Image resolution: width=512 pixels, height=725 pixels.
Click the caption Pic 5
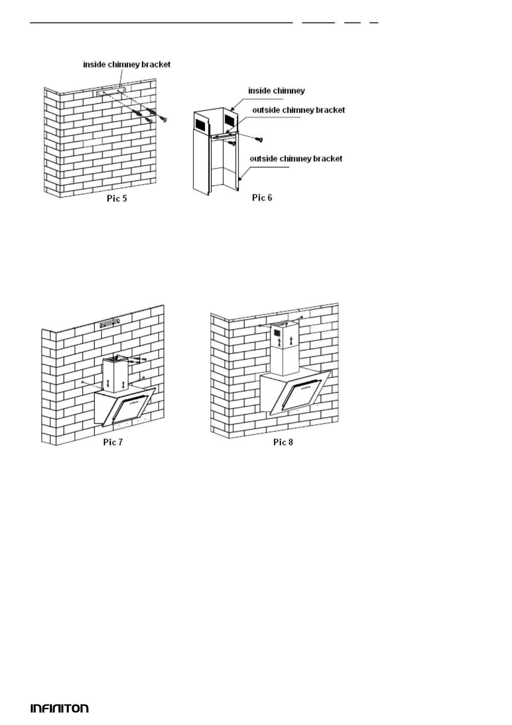pos(117,199)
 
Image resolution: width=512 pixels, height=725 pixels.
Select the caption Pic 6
pos(262,198)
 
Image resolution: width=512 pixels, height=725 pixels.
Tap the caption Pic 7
pos(113,442)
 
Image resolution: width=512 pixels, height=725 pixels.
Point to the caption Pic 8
pos(283,442)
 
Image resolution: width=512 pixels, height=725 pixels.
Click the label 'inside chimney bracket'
pos(127,65)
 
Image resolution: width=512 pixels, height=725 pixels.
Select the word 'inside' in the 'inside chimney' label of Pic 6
pos(259,91)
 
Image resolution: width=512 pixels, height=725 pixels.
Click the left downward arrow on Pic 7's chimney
pos(108,384)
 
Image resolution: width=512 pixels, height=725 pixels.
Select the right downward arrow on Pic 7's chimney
pos(123,384)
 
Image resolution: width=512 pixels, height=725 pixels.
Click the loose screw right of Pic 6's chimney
pos(259,139)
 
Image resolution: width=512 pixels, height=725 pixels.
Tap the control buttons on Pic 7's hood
pos(135,402)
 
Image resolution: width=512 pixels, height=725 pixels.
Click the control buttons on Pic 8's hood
pos(305,387)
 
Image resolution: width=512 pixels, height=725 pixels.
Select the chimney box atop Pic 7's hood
pos(115,375)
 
